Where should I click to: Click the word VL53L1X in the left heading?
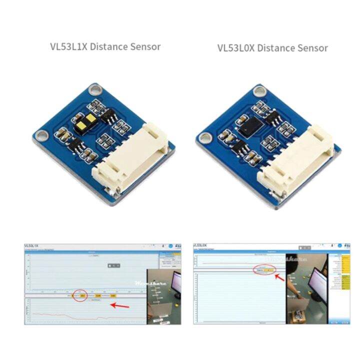tap(68, 47)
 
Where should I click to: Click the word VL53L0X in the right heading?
tap(235, 48)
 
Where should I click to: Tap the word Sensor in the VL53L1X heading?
tap(144, 47)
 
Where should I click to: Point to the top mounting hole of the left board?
tap(93, 89)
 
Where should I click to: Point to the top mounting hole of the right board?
tap(259, 91)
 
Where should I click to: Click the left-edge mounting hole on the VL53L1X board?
tap(43, 135)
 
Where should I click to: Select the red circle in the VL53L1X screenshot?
tap(80, 296)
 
